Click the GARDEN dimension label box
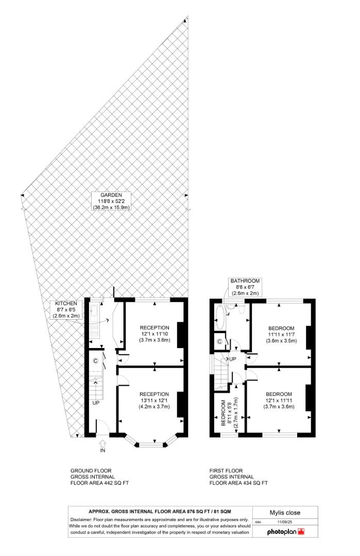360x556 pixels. [111, 201]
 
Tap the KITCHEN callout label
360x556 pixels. [66, 309]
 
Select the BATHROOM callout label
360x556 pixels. [246, 287]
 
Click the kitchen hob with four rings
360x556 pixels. [95, 331]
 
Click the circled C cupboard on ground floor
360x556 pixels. [95, 361]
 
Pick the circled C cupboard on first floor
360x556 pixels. [219, 342]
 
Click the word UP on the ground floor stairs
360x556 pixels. [96, 403]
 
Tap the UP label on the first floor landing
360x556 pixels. [233, 359]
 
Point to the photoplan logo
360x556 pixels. [285, 532]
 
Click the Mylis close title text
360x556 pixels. [285, 513]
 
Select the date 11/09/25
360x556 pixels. [285, 522]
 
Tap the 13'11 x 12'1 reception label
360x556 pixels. [155, 401]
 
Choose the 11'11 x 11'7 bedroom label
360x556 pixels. [281, 335]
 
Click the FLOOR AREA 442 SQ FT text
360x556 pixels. [100, 483]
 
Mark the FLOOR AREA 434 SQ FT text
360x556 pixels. [238, 483]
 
